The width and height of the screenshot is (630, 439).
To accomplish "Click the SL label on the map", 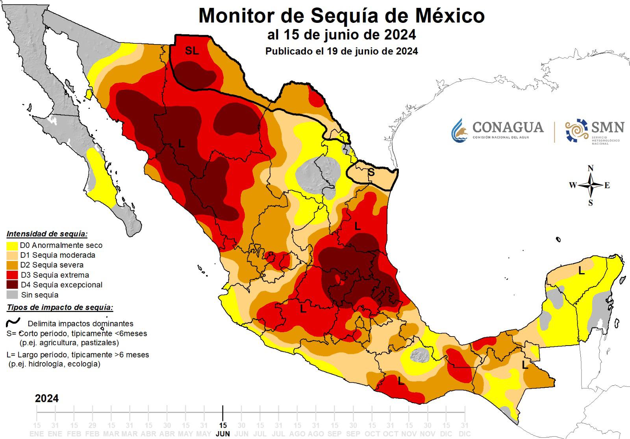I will point(192,50).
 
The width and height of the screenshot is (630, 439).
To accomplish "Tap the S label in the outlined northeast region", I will point(371,172).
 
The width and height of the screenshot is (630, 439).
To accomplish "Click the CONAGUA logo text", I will point(508,127).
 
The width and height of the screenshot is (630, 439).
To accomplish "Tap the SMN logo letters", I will point(608,127).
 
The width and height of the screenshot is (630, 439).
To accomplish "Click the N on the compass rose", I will point(591,168).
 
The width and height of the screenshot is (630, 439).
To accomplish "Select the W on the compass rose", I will point(573,185).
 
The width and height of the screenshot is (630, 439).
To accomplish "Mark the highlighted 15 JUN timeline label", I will point(223,429).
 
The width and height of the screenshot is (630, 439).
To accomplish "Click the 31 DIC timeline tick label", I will point(465,429).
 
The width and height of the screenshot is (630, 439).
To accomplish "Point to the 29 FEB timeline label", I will point(92,429).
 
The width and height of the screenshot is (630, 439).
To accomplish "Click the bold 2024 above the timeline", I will point(47,398).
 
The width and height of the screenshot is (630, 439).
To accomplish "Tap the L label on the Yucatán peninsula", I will point(581,270).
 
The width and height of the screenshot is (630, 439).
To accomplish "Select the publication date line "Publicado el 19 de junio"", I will point(341,51).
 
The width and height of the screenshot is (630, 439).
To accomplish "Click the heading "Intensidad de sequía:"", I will point(47,234).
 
